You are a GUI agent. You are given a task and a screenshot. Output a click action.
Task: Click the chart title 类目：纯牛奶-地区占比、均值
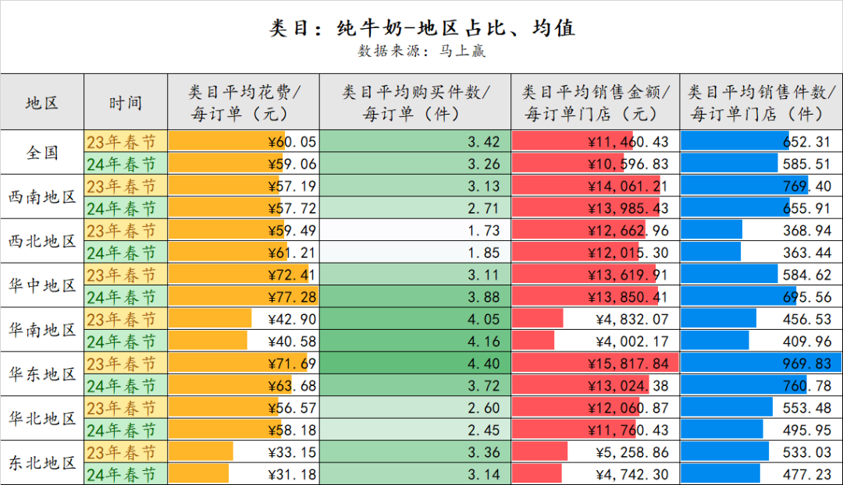(421, 29)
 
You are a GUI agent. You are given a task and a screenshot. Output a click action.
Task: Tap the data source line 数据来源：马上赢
(421, 51)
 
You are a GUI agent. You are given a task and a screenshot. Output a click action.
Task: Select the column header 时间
(126, 102)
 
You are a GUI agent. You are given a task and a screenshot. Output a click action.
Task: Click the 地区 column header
(42, 102)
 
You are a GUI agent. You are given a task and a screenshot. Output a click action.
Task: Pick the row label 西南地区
(42, 196)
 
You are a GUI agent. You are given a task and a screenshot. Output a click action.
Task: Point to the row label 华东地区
(42, 374)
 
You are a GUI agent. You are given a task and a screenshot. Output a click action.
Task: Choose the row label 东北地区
(42, 463)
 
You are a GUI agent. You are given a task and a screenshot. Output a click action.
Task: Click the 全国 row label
(42, 152)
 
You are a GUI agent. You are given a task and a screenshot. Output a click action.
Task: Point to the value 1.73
(483, 231)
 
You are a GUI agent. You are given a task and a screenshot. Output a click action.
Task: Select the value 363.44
(808, 253)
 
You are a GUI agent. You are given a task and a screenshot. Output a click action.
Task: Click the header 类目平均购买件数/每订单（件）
(416, 102)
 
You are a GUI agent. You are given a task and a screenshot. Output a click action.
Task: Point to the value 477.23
(808, 474)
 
